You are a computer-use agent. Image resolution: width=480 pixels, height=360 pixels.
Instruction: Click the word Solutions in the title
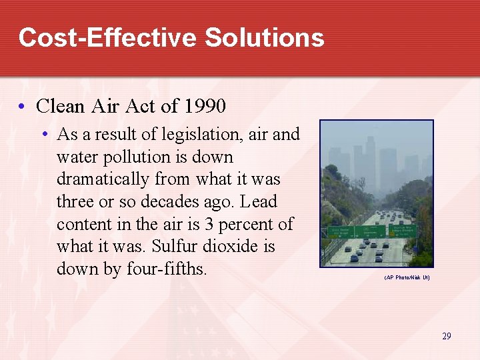pos(265,37)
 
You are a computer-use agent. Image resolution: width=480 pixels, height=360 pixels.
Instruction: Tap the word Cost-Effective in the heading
pos(108,37)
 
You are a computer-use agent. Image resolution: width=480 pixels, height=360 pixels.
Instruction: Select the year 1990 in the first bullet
pos(205,106)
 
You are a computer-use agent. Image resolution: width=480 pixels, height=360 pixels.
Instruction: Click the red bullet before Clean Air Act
pos(23,107)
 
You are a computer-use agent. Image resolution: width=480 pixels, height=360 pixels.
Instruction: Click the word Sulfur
pos(175,247)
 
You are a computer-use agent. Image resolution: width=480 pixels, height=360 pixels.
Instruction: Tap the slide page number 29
pos(446,336)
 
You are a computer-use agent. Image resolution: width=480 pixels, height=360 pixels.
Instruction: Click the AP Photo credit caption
pos(407,277)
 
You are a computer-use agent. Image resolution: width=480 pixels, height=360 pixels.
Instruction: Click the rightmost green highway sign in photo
pos(402,230)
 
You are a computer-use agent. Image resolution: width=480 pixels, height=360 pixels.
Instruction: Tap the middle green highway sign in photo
pos(369,231)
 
